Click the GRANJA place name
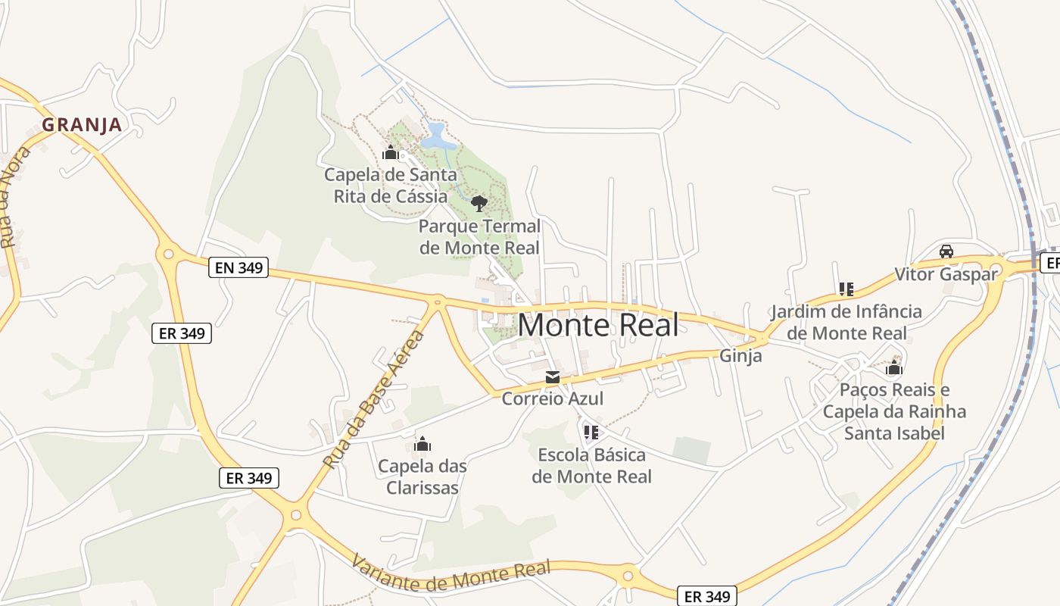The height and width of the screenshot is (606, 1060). pos(82,124)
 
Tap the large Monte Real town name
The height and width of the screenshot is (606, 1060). pos(598,325)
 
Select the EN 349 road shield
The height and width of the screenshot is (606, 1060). pos(238,267)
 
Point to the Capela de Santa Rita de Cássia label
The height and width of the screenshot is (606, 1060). pos(391,186)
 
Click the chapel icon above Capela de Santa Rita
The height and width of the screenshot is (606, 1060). pos(391,154)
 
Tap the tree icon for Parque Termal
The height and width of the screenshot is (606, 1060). pos(479,203)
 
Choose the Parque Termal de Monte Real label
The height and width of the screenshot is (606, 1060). pos(479,237)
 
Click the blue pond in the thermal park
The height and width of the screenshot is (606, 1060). pos(436,137)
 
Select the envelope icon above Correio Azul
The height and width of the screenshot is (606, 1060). pos(553,377)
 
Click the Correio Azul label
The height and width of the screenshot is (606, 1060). pos(553,398)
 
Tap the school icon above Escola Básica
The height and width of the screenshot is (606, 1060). pos(591,433)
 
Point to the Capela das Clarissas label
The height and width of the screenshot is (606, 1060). pos(422,476)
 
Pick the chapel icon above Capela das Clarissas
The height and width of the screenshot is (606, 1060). pos(422,444)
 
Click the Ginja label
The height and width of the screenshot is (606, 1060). pos(740,355)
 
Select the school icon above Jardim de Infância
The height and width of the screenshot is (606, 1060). pos(846,289)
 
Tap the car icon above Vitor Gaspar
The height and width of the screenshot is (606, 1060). pos(946,251)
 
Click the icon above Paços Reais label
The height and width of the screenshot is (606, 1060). pos(894,369)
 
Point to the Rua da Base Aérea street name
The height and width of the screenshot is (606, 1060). pos(372,398)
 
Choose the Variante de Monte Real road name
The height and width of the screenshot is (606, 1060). pos(450,573)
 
